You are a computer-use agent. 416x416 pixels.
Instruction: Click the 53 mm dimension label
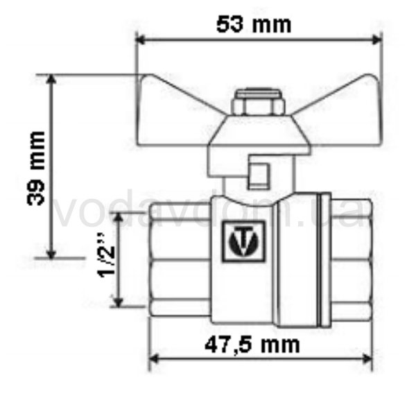254,25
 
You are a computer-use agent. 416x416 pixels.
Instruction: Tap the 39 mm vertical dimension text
36,168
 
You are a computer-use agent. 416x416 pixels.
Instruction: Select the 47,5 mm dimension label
252,345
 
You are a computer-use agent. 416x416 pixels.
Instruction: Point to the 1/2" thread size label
107,255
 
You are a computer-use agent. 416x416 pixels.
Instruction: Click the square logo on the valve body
243,241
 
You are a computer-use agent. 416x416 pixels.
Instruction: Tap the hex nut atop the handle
259,103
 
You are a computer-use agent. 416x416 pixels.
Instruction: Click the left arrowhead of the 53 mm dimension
140,40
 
